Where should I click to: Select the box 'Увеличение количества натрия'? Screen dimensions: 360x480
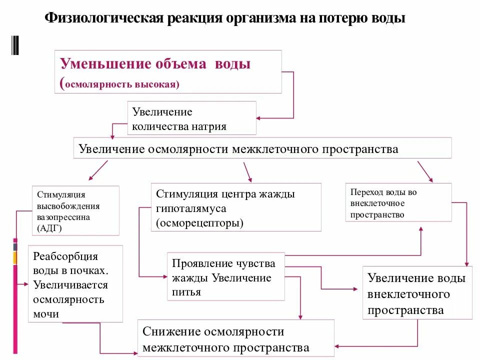pos(193,118)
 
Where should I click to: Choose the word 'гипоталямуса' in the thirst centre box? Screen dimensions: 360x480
pos(191,208)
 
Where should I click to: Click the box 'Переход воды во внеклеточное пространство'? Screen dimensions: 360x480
pos(398,203)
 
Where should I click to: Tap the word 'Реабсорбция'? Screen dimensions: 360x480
pos(65,256)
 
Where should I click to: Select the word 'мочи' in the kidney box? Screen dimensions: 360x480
pos(46,314)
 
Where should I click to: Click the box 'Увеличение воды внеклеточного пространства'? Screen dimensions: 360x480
pos(417,293)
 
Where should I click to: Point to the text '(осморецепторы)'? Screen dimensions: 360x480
pos(199,222)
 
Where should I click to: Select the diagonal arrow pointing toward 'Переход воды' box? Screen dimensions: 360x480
pos(424,170)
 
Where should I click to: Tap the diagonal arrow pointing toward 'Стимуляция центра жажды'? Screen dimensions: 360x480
pos(247,172)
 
